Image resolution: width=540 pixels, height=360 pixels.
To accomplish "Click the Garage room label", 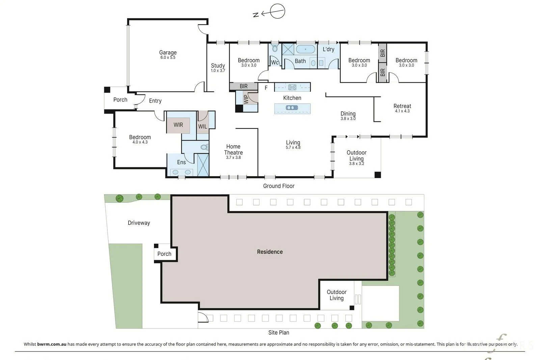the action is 168,52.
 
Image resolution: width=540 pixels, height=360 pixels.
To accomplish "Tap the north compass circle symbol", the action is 277,11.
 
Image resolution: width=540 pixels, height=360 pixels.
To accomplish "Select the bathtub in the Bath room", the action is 305,49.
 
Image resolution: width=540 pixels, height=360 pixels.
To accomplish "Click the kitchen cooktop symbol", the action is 292,87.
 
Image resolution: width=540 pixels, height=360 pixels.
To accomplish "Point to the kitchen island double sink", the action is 292,108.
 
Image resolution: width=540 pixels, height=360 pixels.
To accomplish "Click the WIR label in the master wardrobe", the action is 178,125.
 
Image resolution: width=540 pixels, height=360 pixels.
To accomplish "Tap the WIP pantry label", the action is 246,99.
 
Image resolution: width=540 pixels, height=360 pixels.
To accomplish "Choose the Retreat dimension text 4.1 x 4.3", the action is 402,111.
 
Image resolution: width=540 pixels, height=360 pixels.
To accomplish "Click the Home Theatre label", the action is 233,149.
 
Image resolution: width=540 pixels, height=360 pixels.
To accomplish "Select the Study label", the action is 218,65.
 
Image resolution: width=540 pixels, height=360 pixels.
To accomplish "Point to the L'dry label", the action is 328,49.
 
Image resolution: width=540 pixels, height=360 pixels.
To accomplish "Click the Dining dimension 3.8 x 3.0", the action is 348,118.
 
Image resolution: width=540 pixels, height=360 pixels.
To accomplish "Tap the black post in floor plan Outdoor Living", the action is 378,175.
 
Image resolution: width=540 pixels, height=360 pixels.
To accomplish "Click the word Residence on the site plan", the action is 270,252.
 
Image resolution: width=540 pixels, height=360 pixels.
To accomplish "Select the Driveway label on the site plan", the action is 139,223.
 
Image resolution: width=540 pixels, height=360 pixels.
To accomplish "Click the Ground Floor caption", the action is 279,186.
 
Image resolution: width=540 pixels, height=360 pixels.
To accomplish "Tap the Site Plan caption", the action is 279,333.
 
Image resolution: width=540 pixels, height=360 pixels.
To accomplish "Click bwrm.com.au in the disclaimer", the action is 52,344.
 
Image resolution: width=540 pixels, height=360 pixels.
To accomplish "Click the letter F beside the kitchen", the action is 266,88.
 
